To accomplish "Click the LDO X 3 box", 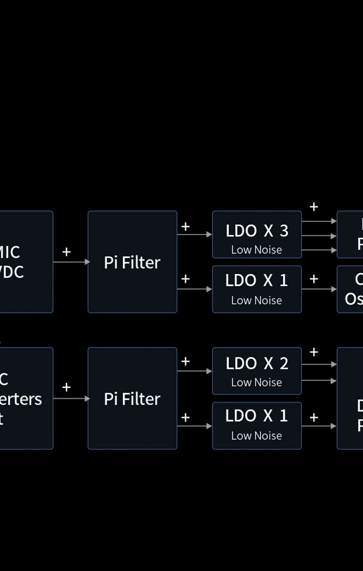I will coord(257,235).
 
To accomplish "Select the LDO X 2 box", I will coord(257,371).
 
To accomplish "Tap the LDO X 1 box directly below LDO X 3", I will coord(257,289).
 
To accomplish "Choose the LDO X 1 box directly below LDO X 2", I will coord(257,426).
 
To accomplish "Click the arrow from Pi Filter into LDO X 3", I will coord(194,235).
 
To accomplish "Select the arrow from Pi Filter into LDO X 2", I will coord(194,371).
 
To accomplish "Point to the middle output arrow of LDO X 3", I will coord(319,236).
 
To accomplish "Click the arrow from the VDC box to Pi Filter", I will coord(71,262).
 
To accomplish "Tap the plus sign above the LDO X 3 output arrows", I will coord(314,207).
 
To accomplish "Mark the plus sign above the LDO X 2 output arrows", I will coord(314,352).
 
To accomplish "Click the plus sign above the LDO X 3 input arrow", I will coord(185,226).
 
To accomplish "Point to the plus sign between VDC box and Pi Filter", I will coord(66,252).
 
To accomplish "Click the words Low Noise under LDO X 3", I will coord(257,250).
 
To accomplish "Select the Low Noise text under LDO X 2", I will coord(257,383).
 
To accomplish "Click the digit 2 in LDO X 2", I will coord(284,364).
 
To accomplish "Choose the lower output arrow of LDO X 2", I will coord(319,381).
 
